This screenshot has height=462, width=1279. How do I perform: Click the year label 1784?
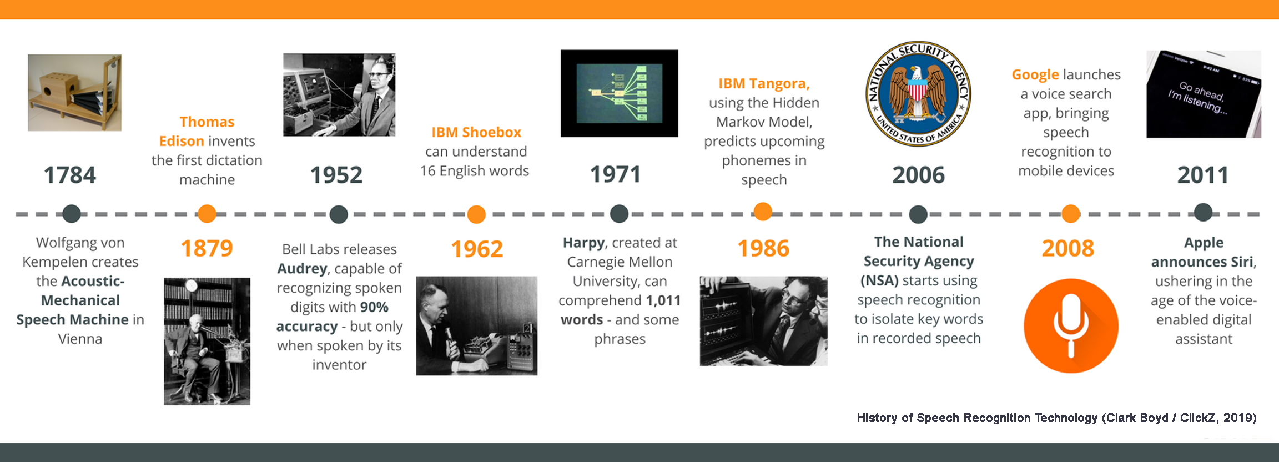[x=70, y=175]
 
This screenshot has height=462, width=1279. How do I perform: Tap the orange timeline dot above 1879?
[x=207, y=214]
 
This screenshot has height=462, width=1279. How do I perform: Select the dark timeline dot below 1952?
[x=339, y=214]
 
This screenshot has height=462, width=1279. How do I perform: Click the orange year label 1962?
[x=477, y=249]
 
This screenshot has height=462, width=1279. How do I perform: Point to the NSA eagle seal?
[x=918, y=93]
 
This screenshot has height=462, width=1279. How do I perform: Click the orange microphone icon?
[x=1071, y=326]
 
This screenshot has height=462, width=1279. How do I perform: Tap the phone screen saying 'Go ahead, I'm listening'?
[x=1204, y=94]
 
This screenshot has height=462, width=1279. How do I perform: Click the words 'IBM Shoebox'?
[x=476, y=132]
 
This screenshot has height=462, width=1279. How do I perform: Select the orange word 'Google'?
[x=1035, y=74]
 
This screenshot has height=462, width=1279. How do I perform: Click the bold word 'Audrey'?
[x=302, y=269]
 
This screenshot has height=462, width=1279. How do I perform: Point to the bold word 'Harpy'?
[x=583, y=243]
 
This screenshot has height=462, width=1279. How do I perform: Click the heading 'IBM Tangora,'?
[x=764, y=83]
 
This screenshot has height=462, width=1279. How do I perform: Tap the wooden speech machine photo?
[x=75, y=93]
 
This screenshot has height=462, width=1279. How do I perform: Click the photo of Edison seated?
[x=207, y=341]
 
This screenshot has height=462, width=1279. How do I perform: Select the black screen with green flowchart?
[x=619, y=93]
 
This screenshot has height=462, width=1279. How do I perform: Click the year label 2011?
[x=1203, y=175]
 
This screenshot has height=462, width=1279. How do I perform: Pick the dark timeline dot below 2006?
[x=918, y=214]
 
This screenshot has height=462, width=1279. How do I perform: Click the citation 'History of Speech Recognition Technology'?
[x=977, y=418]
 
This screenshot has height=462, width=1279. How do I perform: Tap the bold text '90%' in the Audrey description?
[x=374, y=307]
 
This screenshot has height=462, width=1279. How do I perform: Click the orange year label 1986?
[x=763, y=248]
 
